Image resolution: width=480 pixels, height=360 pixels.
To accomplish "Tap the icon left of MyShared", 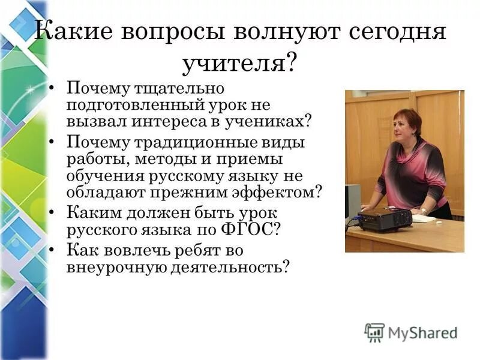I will (x=374, y=332).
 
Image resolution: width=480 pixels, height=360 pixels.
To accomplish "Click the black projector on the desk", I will (x=384, y=219).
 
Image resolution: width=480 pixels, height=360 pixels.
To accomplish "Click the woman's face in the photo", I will (x=403, y=128).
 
